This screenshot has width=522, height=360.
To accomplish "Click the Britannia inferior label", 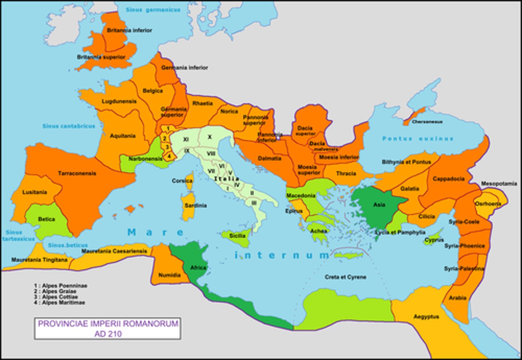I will [x=129, y=30].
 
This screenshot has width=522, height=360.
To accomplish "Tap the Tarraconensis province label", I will [x=77, y=173].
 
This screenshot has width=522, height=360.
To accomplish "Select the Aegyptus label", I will [x=426, y=317].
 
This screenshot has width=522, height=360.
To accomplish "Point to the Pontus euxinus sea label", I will [x=418, y=139].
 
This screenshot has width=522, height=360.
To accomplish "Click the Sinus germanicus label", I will [x=153, y=10].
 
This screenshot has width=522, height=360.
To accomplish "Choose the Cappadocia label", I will [x=448, y=179].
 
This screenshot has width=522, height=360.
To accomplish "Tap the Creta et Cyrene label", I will [x=345, y=277].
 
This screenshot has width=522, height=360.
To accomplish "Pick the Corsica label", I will [x=182, y=181].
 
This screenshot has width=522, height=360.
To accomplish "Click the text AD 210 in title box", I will [x=108, y=334].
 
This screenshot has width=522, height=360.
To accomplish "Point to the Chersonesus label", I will [x=427, y=122].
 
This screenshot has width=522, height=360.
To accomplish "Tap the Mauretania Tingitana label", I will [x=39, y=260].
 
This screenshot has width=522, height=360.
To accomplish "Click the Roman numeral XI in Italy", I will [x=186, y=139].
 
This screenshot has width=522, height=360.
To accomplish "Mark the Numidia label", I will [x=169, y=275].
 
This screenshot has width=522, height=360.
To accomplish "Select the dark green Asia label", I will [x=379, y=205].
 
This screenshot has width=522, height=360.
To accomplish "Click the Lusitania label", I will [x=34, y=192].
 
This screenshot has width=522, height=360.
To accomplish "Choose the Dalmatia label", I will [x=269, y=158].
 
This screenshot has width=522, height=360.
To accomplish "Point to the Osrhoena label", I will [x=488, y=204].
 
